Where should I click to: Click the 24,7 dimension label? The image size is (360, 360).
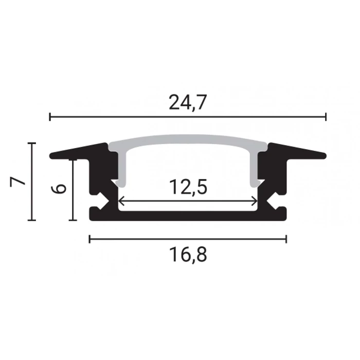click(x=188, y=102)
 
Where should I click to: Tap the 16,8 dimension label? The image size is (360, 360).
click(x=188, y=255)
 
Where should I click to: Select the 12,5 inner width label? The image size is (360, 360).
click(x=188, y=187)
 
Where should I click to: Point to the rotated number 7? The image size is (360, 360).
click(x=17, y=182)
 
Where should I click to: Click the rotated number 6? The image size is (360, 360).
click(x=58, y=189)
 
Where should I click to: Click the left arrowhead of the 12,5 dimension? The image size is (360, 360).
click(x=121, y=201)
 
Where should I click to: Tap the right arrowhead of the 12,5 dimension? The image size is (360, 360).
click(x=255, y=201)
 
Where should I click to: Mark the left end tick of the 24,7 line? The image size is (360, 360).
click(x=50, y=117)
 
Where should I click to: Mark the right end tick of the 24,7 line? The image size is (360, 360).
click(x=326, y=117)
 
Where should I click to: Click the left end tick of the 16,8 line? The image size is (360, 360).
click(x=89, y=239)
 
